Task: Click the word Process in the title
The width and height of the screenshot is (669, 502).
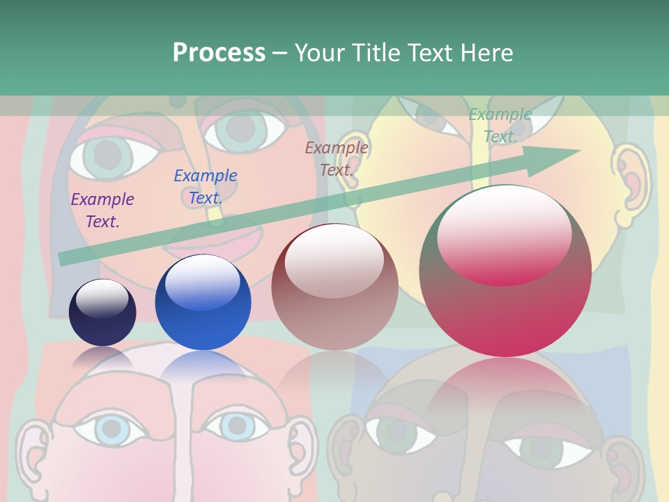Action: click(x=219, y=53)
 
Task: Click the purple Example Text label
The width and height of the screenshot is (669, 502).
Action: click(x=102, y=211)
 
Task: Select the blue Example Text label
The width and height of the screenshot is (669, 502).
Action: click(x=206, y=187)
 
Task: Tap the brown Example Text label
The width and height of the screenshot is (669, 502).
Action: click(x=337, y=158)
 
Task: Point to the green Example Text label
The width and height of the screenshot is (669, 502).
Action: click(x=500, y=125)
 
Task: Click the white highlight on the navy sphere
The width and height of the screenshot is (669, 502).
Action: click(x=102, y=298)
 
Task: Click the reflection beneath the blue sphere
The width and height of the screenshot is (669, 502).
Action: click(x=203, y=366)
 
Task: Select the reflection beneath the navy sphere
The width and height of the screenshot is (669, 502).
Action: click(x=102, y=357)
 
